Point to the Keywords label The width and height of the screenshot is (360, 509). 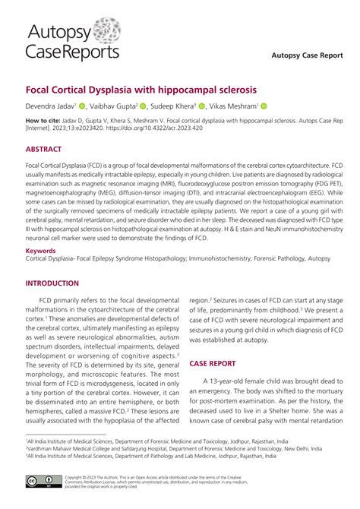coord(41,249)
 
